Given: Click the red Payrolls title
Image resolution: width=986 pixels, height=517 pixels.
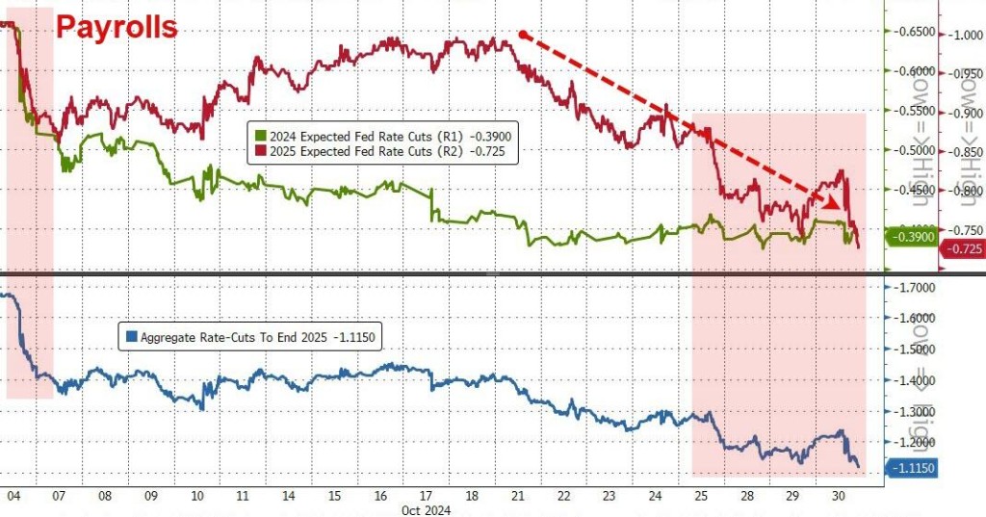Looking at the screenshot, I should pos(117,26).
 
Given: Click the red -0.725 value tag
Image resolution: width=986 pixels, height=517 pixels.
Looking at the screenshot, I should pos(963,249).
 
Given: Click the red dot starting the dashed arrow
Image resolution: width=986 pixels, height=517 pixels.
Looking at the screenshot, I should pos(522,35).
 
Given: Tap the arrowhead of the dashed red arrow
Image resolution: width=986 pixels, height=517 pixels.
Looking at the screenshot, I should pos(831,202).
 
